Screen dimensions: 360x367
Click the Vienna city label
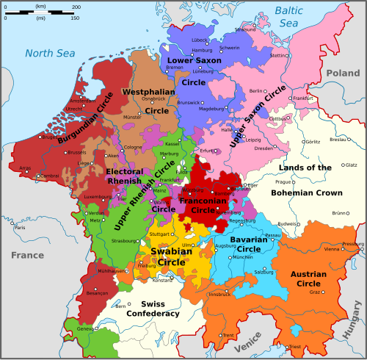(331, 249)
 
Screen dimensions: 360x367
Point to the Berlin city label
(256, 90)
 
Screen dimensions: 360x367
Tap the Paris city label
(20, 228)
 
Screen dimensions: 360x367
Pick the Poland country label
(343, 73)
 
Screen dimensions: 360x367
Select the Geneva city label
(86, 329)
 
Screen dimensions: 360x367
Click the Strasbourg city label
(123, 240)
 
